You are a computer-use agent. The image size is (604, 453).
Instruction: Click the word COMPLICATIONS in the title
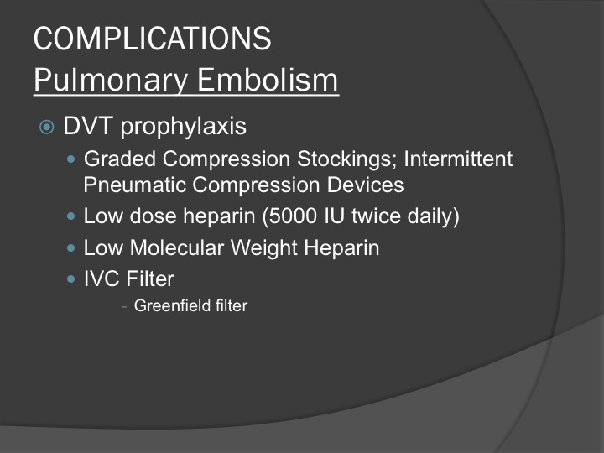click(x=153, y=38)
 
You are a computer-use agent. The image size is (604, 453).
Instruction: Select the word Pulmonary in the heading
click(x=111, y=81)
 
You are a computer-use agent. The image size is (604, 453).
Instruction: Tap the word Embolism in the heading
click(x=268, y=80)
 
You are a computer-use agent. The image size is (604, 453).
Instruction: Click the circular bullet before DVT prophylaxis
click(x=47, y=127)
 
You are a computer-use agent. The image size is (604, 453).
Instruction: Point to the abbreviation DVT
click(x=88, y=126)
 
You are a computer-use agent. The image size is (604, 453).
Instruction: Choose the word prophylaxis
click(x=184, y=127)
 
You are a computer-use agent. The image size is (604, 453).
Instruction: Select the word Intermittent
click(x=458, y=159)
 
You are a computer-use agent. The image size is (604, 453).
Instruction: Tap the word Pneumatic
click(x=135, y=185)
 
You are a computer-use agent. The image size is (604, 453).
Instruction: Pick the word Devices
click(x=365, y=185)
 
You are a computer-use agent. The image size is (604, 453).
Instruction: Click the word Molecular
click(x=177, y=247)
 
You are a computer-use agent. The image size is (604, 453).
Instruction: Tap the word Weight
click(x=264, y=248)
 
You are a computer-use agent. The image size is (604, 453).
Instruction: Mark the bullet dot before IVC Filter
click(x=70, y=279)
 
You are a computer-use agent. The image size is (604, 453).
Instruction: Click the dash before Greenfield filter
click(x=124, y=307)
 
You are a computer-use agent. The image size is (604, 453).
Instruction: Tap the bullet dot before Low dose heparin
click(x=70, y=216)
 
